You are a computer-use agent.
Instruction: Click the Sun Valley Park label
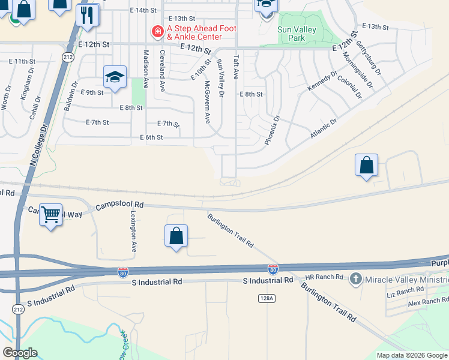(x=292, y=34)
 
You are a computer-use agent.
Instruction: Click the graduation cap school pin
(x=115, y=77)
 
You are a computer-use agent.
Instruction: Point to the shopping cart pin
(x=51, y=214)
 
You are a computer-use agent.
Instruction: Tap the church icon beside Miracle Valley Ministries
(x=356, y=278)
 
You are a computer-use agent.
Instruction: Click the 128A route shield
(x=267, y=298)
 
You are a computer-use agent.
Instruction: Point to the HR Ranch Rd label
(x=324, y=277)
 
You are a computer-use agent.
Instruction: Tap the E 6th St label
(x=151, y=137)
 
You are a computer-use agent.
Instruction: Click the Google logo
(x=20, y=353)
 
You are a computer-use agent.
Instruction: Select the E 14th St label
(x=145, y=10)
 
